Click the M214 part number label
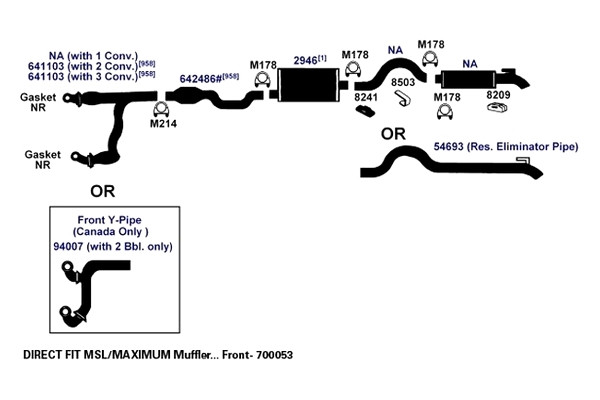pos(163,124)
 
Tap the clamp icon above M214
pos(161,109)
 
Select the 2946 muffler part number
pos(305,60)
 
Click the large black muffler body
pos(309,85)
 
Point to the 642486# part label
pos(201,79)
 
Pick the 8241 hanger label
pos(366,97)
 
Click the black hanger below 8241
pos(365,111)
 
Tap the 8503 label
pos(403,82)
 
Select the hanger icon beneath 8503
pos(403,98)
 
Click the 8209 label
pos(498,95)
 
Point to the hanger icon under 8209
pos(497,108)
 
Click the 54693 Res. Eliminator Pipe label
pos(505,147)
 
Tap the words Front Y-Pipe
pos(109,220)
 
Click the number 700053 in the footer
pos(274,355)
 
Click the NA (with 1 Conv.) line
pos(93,56)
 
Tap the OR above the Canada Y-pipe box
pos(103,191)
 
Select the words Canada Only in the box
pos(109,232)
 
